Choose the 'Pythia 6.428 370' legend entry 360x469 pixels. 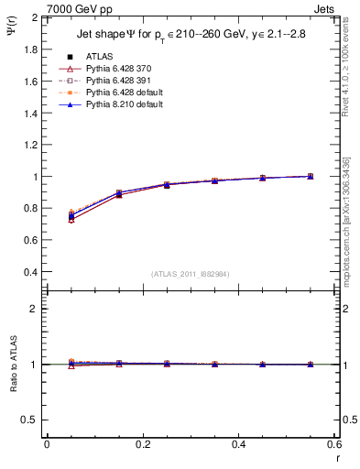click(114, 69)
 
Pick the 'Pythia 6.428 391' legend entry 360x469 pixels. click(114, 81)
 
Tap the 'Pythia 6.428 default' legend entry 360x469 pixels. click(119, 93)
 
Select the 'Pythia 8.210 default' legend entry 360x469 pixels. click(119, 104)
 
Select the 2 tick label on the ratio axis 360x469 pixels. click(35, 309)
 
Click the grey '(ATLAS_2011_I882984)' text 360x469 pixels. click(191, 274)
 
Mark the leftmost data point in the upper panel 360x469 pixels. click(71, 216)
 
